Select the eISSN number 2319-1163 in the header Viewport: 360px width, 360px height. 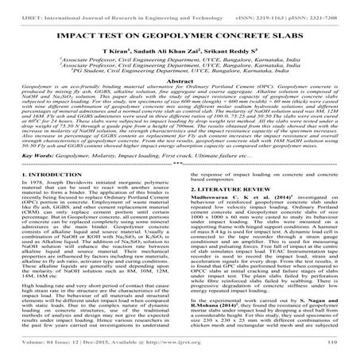[281, 6]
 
